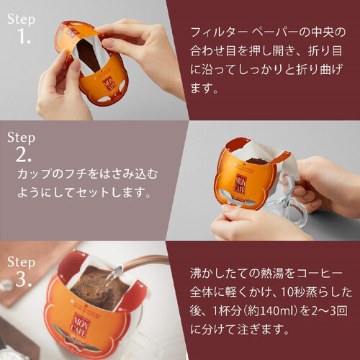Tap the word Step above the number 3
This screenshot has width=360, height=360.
pyautogui.click(x=21, y=256)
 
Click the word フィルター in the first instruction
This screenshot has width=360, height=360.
pyautogui.click(x=215, y=32)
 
